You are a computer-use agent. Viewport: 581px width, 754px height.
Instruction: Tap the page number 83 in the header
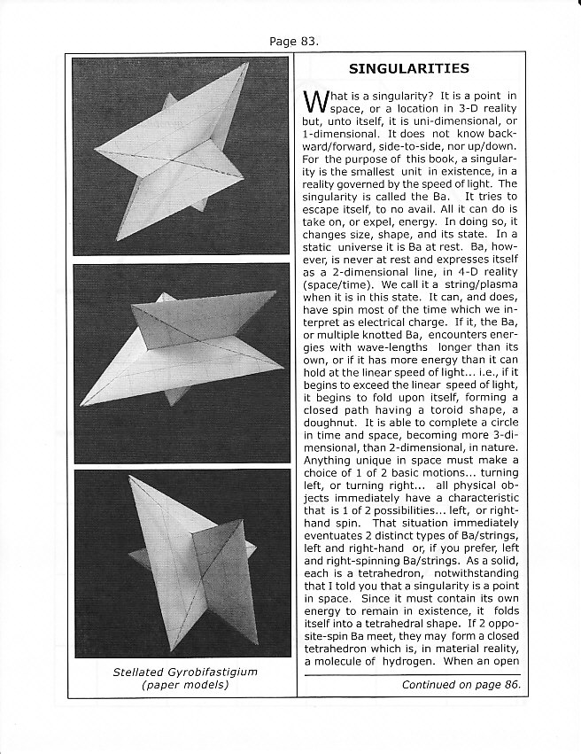[306, 41]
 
